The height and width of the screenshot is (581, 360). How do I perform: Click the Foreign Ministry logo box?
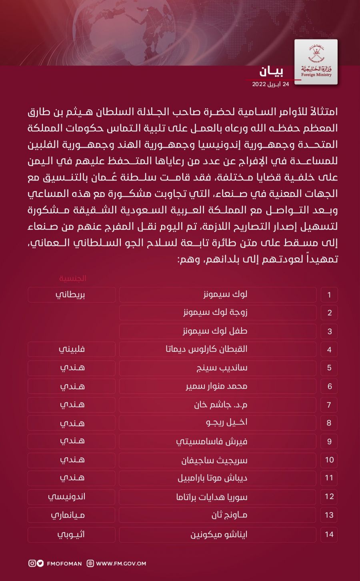(x=316, y=62)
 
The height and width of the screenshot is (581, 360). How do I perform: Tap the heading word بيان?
(x=272, y=72)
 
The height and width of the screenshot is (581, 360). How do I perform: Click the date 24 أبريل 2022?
(x=270, y=84)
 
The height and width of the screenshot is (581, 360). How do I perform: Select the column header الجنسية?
(x=72, y=278)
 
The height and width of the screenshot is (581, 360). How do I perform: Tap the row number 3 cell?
(x=329, y=331)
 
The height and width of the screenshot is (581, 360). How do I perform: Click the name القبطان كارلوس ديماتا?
(x=206, y=349)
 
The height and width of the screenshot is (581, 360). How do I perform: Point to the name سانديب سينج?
(x=222, y=368)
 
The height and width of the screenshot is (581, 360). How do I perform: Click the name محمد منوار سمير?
(x=216, y=387)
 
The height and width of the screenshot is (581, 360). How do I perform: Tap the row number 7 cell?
(x=329, y=405)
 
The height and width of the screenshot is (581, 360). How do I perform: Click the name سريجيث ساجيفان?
(x=214, y=460)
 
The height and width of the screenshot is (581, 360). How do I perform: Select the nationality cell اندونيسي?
(x=67, y=497)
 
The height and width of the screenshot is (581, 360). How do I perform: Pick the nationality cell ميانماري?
(x=68, y=515)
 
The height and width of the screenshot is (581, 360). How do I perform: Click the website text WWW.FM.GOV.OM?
(x=121, y=563)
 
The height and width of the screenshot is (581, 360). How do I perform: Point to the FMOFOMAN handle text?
(x=64, y=563)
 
